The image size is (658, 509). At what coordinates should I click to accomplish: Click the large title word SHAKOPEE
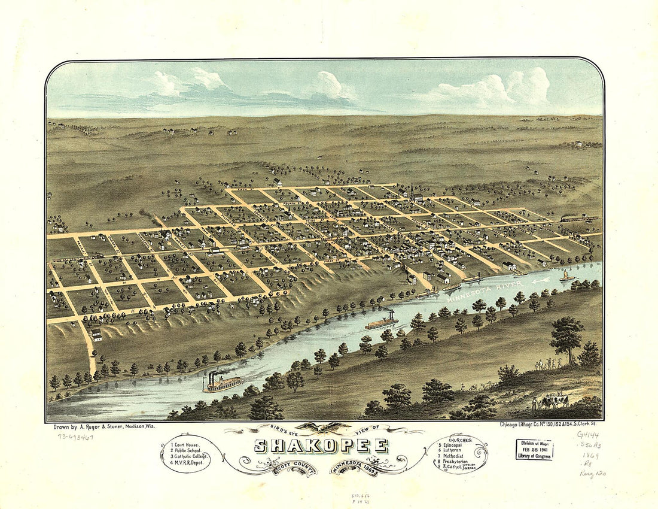[x=321, y=446]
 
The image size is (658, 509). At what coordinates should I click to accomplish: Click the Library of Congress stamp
[x=534, y=449]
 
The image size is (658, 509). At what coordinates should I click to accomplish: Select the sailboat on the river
[x=566, y=276]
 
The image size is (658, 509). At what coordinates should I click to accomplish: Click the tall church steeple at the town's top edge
[x=412, y=190]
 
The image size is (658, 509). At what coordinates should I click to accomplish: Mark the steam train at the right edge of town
[x=577, y=219]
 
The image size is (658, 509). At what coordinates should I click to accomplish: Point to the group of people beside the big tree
[x=547, y=363]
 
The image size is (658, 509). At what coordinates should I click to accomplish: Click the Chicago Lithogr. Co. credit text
[x=550, y=425]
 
